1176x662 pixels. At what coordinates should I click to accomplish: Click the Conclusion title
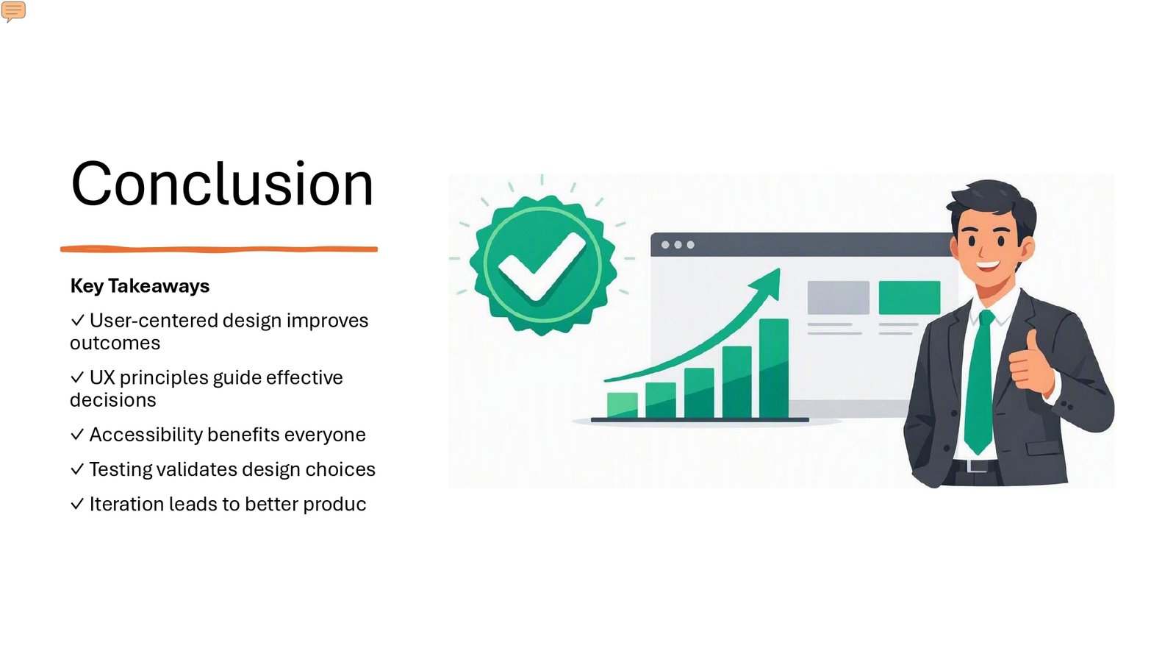tap(222, 184)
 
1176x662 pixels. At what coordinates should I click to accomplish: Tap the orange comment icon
tap(13, 11)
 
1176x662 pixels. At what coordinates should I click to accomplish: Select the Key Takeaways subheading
tap(140, 286)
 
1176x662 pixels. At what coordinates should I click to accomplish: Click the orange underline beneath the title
tap(219, 249)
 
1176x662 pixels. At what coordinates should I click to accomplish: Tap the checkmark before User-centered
tap(77, 320)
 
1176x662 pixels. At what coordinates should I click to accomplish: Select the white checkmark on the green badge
tap(541, 266)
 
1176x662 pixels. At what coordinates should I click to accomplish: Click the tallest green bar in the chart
tap(774, 368)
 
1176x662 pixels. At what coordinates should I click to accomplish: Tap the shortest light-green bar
tap(622, 405)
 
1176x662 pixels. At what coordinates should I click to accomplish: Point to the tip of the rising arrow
tap(780, 269)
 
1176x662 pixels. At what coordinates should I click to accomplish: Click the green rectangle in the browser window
tap(909, 297)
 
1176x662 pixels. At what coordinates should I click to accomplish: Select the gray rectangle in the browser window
tap(838, 297)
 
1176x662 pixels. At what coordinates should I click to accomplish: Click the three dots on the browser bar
tap(678, 245)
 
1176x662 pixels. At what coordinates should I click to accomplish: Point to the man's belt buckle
tap(977, 466)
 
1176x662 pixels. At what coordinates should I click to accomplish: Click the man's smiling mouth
tap(988, 266)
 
